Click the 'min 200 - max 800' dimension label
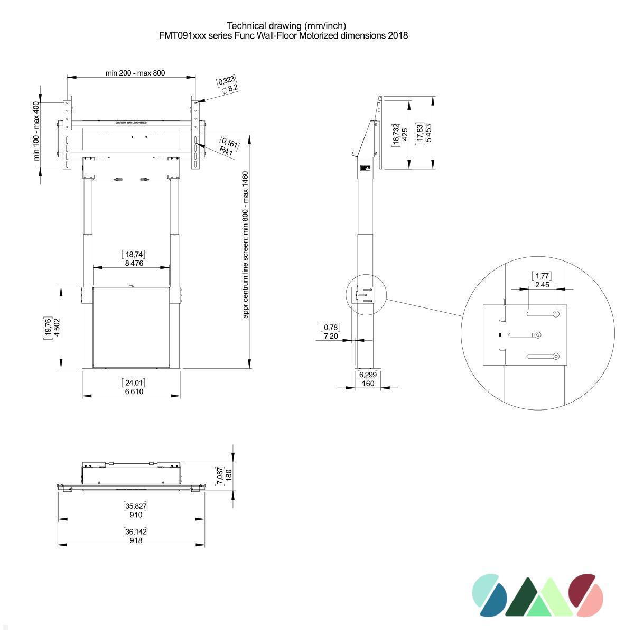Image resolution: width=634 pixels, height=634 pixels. [x=135, y=73]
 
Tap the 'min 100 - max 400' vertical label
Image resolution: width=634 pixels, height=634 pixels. [x=36, y=131]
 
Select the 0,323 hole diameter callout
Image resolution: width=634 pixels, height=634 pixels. [x=226, y=81]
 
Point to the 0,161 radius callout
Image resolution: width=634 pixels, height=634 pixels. [x=230, y=143]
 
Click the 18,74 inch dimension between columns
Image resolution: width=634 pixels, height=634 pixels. [x=134, y=255]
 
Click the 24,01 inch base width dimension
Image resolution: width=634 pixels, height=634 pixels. [x=134, y=383]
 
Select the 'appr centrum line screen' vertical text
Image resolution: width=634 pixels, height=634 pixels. [x=245, y=245]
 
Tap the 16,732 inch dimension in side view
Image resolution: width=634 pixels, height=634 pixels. [x=396, y=134]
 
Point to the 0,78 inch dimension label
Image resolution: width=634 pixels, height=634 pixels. [x=331, y=328]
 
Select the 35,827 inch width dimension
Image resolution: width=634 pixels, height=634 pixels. [x=135, y=506]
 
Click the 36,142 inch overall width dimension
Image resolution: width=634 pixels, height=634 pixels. [x=135, y=532]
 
